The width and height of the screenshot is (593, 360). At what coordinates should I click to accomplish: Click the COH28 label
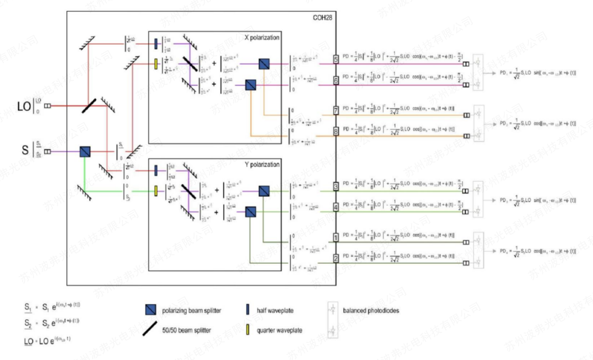pos(322,17)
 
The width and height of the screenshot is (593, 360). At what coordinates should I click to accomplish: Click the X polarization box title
pos(262,37)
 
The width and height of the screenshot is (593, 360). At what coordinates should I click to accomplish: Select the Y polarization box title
pos(262,165)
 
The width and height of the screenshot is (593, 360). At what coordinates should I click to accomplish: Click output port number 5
pos(335,59)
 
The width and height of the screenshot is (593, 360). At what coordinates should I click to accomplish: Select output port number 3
pos(335,186)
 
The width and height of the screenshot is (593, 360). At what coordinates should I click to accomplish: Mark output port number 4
pos(335,207)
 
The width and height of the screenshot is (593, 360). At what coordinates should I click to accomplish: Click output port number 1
pos(335,238)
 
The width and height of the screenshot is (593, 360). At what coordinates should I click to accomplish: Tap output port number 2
pos(335,258)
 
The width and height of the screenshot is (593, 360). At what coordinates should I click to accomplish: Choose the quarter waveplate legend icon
pos(248,330)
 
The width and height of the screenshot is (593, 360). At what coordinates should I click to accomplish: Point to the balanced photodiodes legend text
pos(370,310)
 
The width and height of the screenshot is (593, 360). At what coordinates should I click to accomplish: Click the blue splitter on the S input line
pos(85,151)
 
